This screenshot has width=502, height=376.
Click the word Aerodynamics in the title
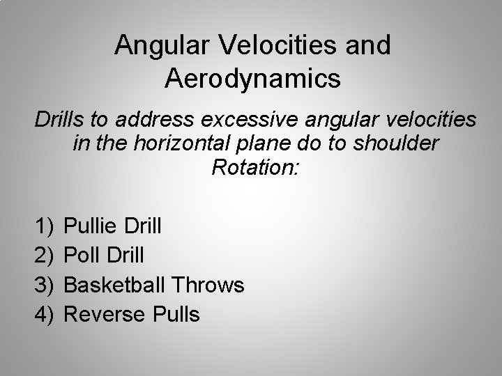253,78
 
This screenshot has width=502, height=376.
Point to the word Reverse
104,314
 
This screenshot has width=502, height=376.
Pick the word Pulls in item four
175,314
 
